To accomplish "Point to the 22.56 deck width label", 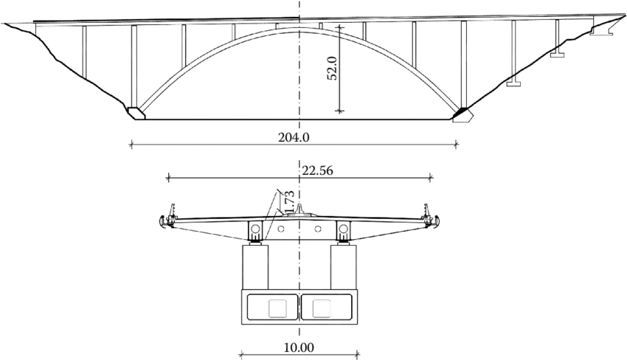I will pos(316,171).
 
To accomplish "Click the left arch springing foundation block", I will pos(135,113).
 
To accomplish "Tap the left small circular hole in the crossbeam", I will pos(282,229).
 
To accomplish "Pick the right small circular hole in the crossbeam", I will pos(317,229).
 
